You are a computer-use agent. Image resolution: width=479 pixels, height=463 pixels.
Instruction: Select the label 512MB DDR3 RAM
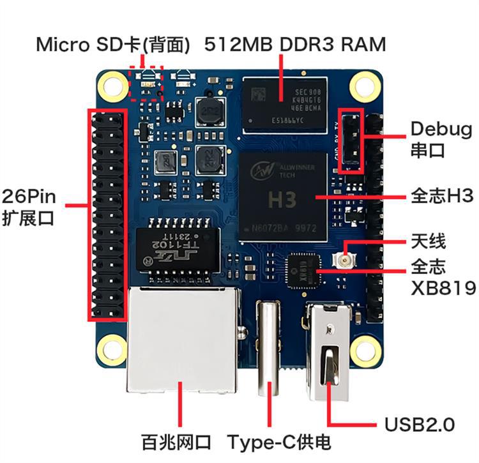(x=295, y=45)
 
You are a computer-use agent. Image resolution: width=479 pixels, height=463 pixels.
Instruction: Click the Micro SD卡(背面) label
(x=114, y=45)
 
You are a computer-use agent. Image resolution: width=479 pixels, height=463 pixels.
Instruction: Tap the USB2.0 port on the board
(x=329, y=351)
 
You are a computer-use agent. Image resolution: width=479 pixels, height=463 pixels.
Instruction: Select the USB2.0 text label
(x=419, y=424)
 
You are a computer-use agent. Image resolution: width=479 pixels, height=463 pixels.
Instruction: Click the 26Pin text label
(x=28, y=196)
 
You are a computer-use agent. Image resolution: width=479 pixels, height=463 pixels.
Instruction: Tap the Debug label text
(x=441, y=130)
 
